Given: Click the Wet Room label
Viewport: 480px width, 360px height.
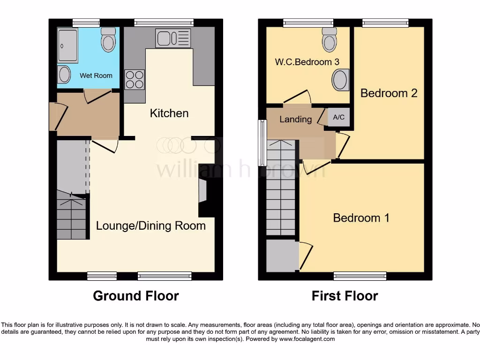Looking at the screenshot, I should (x=96, y=75).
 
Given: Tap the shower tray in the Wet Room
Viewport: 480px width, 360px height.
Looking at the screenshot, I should (x=68, y=45).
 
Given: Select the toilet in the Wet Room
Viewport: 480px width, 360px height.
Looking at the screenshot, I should (x=108, y=40).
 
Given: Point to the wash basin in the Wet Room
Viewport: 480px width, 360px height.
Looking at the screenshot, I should (x=64, y=75).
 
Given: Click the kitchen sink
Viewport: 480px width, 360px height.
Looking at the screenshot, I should (x=173, y=38).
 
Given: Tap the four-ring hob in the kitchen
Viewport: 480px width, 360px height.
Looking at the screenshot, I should (x=135, y=79).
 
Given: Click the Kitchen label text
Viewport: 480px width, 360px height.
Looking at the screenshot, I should (x=169, y=113).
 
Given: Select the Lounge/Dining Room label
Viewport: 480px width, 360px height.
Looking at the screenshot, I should (x=150, y=225).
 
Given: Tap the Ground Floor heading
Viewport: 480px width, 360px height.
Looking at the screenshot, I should (x=135, y=296).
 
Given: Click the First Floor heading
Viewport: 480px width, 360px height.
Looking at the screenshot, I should (x=345, y=296).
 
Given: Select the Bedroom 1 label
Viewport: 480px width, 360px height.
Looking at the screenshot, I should (x=361, y=217).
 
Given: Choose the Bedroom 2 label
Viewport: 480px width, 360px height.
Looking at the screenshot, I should (x=389, y=93).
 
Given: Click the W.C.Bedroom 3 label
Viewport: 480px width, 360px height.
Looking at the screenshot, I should (x=307, y=62).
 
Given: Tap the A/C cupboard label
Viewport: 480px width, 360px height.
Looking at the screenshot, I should (x=338, y=117).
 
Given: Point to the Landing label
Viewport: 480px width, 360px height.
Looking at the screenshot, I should (x=295, y=119).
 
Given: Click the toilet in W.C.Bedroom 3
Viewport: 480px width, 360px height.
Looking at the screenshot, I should (x=330, y=40).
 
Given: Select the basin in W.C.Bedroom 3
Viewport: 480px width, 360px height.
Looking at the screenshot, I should (x=340, y=80).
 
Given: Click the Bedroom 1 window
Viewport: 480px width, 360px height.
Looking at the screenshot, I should (x=360, y=276).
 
